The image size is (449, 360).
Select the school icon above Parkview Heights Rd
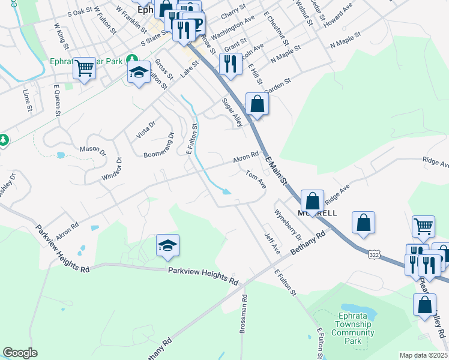click(x=168, y=245)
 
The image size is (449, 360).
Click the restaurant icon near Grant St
click(x=230, y=63)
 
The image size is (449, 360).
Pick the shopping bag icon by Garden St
click(x=257, y=103)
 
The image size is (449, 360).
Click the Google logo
click(x=20, y=352)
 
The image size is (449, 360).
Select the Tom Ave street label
click(x=256, y=179)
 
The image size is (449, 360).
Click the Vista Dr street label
click(x=146, y=129)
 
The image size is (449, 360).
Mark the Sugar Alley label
click(x=232, y=113)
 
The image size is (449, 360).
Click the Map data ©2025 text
click(x=424, y=355)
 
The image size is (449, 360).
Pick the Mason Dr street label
click(x=92, y=151)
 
